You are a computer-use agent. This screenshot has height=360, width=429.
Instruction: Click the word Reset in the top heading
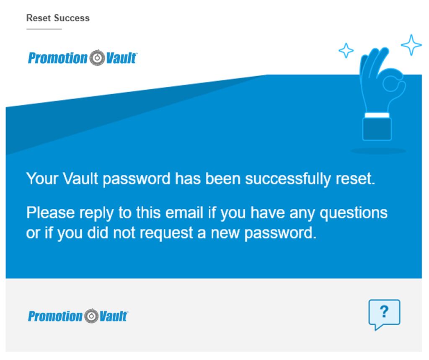pyautogui.click(x=39, y=18)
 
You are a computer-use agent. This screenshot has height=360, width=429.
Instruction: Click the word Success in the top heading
pyautogui.click(x=72, y=18)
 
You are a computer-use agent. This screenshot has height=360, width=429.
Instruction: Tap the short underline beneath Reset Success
pyautogui.click(x=44, y=29)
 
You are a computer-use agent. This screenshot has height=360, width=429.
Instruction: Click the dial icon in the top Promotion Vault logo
pyautogui.click(x=97, y=58)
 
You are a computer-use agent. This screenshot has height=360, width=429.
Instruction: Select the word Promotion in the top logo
pyautogui.click(x=58, y=58)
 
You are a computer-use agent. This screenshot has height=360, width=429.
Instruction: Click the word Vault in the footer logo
pyautogui.click(x=114, y=316)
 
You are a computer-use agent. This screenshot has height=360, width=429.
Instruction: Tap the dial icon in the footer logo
pyautogui.click(x=91, y=316)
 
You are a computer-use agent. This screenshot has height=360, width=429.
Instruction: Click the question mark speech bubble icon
pyautogui.click(x=384, y=314)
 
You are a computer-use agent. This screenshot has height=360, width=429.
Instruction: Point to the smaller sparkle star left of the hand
pyautogui.click(x=346, y=50)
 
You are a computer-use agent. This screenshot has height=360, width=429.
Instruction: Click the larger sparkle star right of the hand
pyautogui.click(x=411, y=45)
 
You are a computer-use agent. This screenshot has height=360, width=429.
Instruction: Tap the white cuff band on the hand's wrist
pyautogui.click(x=377, y=115)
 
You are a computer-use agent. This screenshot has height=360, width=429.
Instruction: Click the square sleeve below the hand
pyautogui.click(x=377, y=129)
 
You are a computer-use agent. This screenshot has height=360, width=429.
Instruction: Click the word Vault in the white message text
pyautogui.click(x=80, y=179)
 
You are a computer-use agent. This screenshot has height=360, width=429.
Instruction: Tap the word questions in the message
pyautogui.click(x=354, y=213)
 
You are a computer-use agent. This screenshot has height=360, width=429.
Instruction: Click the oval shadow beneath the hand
pyautogui.click(x=378, y=151)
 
